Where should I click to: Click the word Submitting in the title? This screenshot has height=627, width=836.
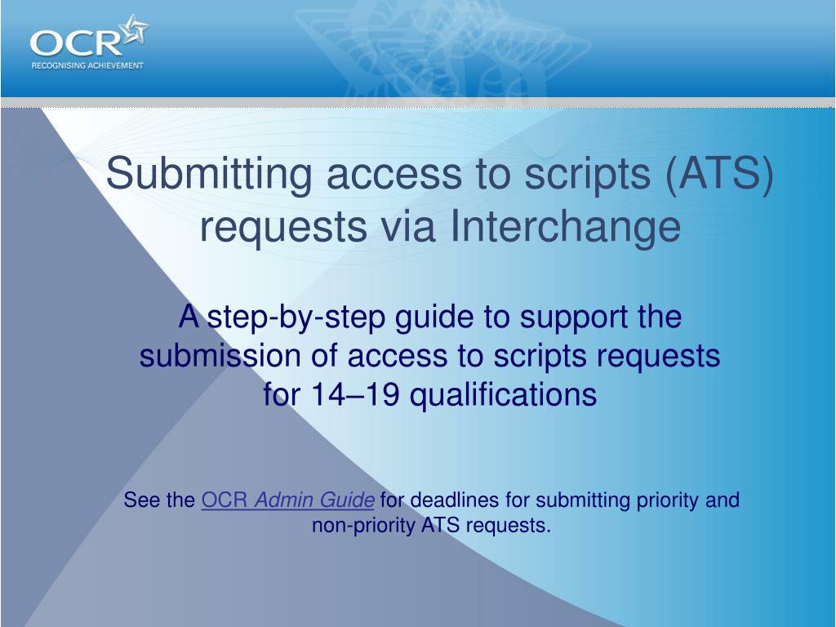(x=209, y=174)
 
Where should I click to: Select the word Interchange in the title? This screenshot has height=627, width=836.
(x=566, y=226)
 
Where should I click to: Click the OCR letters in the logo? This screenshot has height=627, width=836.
(x=76, y=43)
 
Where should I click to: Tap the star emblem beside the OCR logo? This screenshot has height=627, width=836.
(x=135, y=29)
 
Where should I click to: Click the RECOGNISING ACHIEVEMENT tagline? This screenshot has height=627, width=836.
(x=87, y=65)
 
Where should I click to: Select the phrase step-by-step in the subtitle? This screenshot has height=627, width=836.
(x=296, y=318)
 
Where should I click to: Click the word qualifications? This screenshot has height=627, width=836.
(x=504, y=396)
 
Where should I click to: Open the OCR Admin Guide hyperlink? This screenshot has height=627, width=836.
(x=288, y=500)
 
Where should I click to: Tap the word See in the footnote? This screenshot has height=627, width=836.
(x=141, y=500)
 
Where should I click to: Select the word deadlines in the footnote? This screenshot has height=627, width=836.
(x=455, y=500)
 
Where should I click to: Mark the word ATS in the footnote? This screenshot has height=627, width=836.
(x=440, y=525)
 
